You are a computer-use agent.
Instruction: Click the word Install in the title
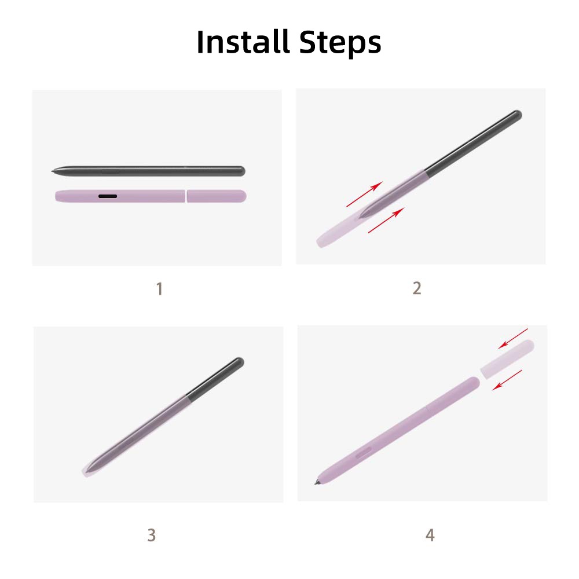243,42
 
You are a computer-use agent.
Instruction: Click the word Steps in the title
340,43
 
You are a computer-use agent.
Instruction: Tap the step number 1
160,289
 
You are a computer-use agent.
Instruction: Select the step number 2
417,288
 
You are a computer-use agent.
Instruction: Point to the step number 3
151,534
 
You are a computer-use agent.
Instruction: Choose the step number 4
430,534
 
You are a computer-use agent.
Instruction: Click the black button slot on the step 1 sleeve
108,196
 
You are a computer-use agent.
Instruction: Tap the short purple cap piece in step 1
217,196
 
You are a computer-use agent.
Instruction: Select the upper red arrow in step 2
364,194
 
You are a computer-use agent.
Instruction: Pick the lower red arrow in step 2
386,220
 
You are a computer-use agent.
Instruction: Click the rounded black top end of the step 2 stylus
517,114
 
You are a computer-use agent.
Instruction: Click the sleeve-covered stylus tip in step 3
87,470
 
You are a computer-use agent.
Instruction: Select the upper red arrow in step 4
513,339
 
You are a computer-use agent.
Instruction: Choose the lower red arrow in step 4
507,380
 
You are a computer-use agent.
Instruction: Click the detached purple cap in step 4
507,360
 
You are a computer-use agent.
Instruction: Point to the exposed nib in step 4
317,482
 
